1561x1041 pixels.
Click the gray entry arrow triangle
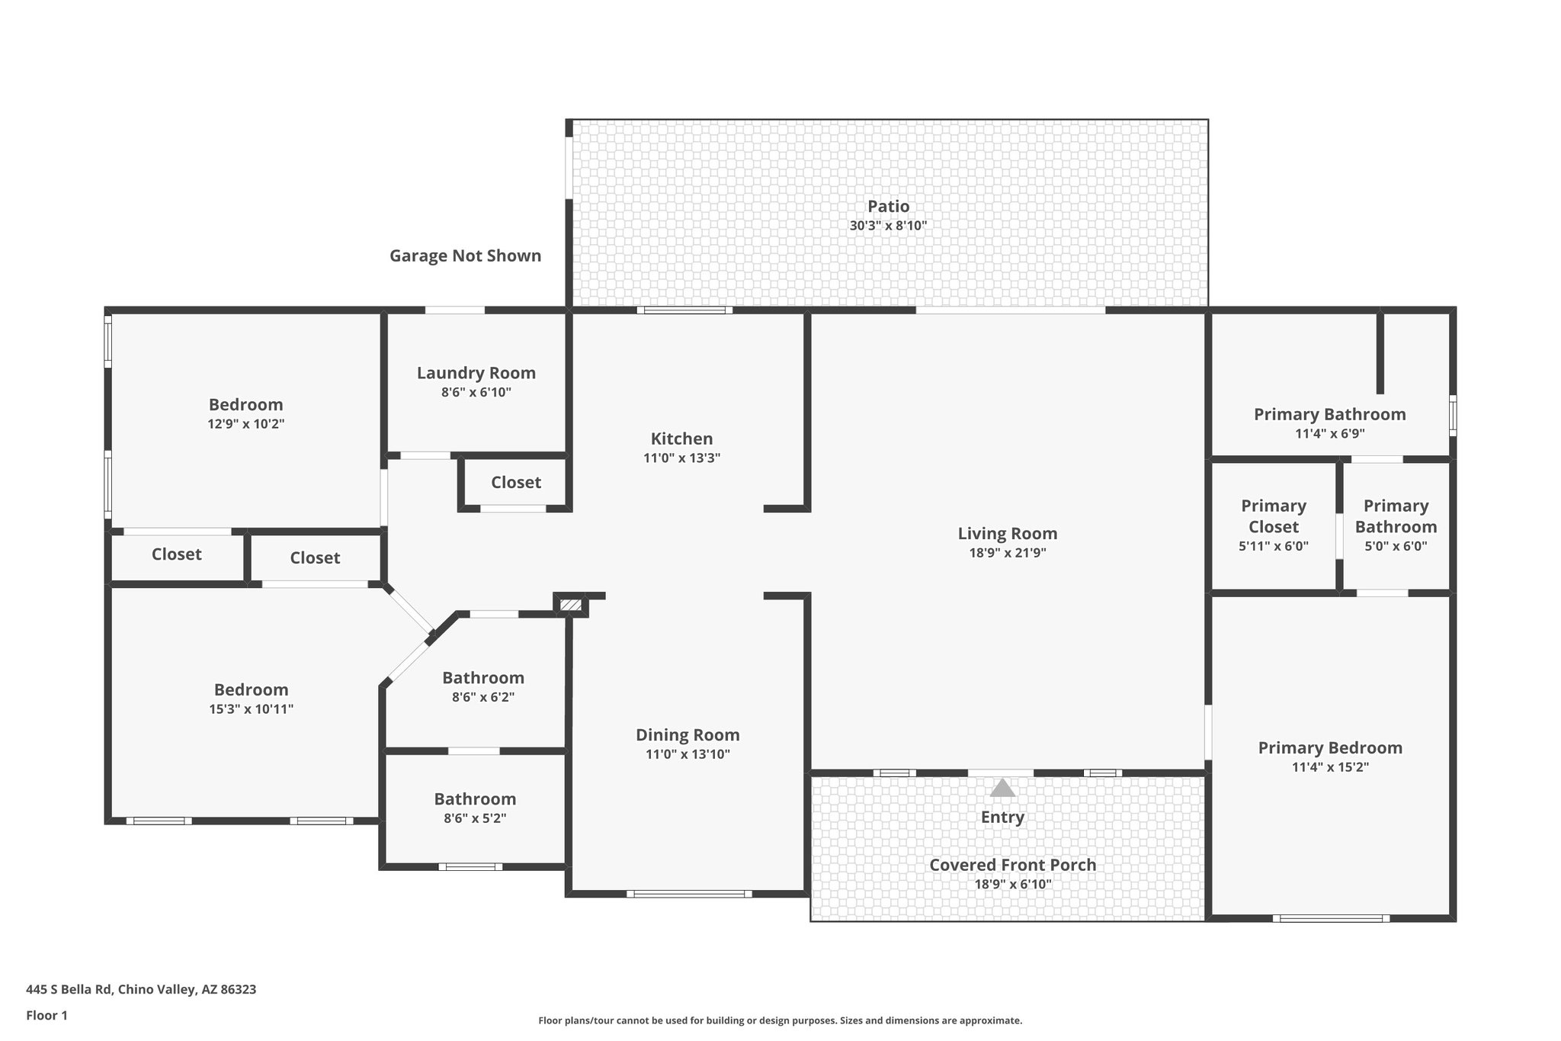[x=1002, y=788]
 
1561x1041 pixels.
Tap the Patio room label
[x=888, y=206]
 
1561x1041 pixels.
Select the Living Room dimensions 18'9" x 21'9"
[x=1007, y=553]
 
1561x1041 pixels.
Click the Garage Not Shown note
[x=465, y=255]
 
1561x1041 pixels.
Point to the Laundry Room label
[x=476, y=373]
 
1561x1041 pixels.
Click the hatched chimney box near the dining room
[x=570, y=605]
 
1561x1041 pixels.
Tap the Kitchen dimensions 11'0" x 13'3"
[x=681, y=458]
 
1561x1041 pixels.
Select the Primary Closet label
[x=1273, y=516]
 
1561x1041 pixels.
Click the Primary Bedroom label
[x=1329, y=747]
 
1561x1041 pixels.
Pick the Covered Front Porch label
[x=1012, y=865]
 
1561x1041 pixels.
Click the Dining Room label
[x=688, y=734]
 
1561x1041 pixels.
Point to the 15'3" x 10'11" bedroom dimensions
[x=251, y=709]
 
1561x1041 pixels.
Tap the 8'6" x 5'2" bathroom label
[x=475, y=799]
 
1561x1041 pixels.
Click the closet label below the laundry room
[x=516, y=482]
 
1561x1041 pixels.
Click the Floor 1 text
[x=46, y=1015]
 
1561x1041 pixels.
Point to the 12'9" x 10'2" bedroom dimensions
[x=245, y=424]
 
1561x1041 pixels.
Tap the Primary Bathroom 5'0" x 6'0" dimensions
[x=1395, y=546]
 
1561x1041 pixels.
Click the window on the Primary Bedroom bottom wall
[x=1330, y=918]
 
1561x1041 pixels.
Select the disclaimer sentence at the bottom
[x=780, y=1020]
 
